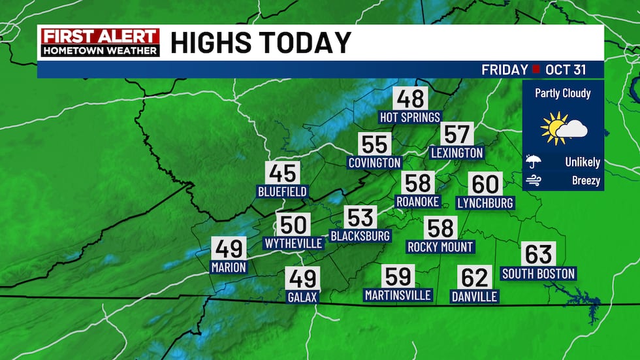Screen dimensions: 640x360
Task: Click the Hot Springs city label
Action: pos(410,117)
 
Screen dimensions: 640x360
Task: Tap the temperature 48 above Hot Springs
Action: pos(410,99)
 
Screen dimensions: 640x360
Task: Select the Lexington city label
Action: pos(456,152)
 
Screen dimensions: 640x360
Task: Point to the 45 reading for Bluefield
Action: pos(282,174)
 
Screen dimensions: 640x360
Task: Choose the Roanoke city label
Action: pos(418,202)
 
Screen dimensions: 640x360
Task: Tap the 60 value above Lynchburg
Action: pos(485,184)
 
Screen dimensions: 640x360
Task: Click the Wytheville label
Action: pos(293,244)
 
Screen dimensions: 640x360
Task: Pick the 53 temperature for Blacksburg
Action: pos(360,217)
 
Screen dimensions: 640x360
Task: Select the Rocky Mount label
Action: pos(440,247)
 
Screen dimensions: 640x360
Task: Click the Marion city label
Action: pos(229,267)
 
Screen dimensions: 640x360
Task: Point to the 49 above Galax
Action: pos(302,279)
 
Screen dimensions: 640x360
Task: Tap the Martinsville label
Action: pos(398,295)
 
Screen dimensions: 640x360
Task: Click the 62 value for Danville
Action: pos(475,278)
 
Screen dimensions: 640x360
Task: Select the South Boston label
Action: pos(538,273)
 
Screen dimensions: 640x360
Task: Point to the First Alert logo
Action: pos(100,42)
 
